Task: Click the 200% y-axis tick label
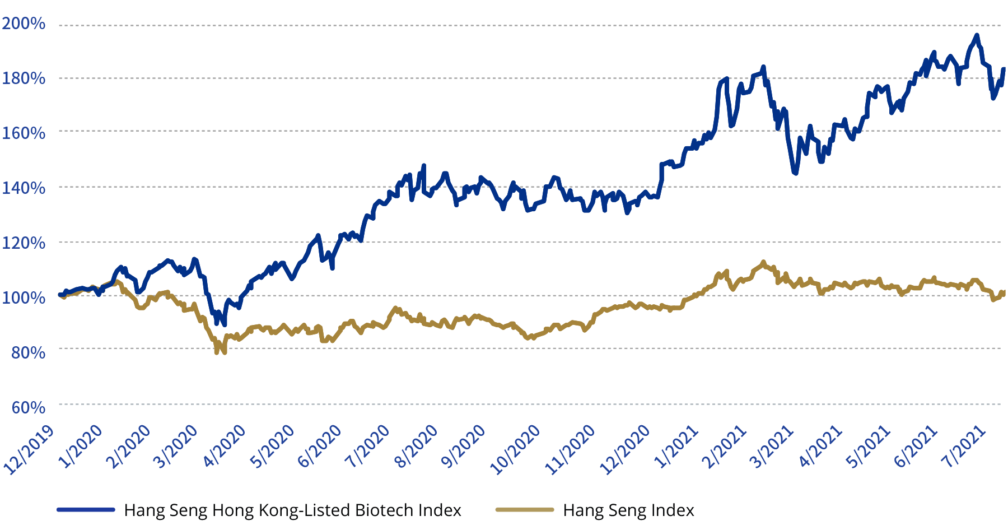24,24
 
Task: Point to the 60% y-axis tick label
28,407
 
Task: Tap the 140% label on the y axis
24,188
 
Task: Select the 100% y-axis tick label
24,297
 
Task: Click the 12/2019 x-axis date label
29,451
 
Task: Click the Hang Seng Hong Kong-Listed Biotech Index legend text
292,510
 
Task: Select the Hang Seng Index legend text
628,510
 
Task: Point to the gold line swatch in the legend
525,510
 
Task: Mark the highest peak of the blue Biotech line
977,35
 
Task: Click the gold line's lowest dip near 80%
217,352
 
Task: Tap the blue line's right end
1004,69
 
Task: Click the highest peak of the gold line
763,262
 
